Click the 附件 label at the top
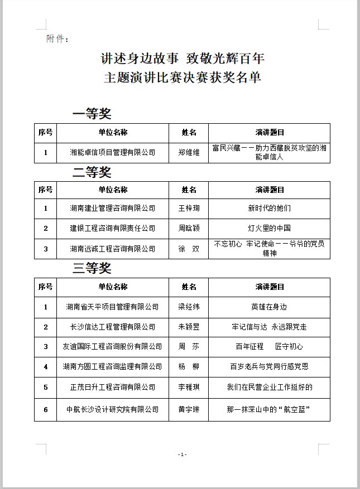(57, 38)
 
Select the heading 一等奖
(92, 114)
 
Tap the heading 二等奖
(92, 172)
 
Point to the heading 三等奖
(92, 269)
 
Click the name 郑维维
(189, 152)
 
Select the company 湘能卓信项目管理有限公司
(112, 152)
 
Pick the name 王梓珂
(189, 208)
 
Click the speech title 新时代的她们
(269, 208)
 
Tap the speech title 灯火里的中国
(269, 228)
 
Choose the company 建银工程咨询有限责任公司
(112, 228)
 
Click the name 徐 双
(189, 249)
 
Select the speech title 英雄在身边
(269, 307)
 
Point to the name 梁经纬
(189, 307)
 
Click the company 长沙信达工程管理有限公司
(112, 327)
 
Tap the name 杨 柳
(189, 366)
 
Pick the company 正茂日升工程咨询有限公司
(112, 386)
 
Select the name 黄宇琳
(189, 410)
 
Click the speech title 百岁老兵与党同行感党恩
(269, 366)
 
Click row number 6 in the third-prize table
(46, 410)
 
